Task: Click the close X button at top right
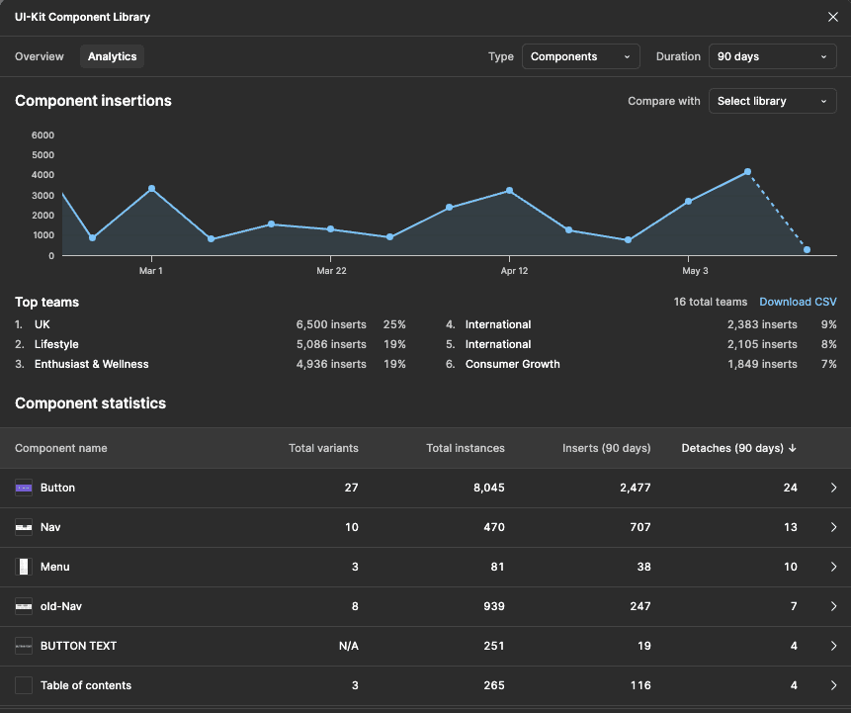[x=832, y=17]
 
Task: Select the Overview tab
[x=40, y=56]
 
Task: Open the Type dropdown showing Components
[x=580, y=56]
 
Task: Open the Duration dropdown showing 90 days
[x=772, y=56]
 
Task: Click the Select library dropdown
[x=772, y=101]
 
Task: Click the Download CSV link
[x=798, y=302]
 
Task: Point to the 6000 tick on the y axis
[x=43, y=135]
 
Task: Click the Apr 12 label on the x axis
[x=514, y=271]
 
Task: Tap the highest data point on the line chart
[x=747, y=172]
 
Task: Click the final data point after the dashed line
[x=807, y=250]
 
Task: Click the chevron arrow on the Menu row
[x=833, y=567]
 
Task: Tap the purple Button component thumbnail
[x=24, y=488]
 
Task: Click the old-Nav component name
[x=61, y=606]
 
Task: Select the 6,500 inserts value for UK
[x=330, y=324]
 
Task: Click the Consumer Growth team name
[x=512, y=364]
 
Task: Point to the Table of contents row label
[x=85, y=685]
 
